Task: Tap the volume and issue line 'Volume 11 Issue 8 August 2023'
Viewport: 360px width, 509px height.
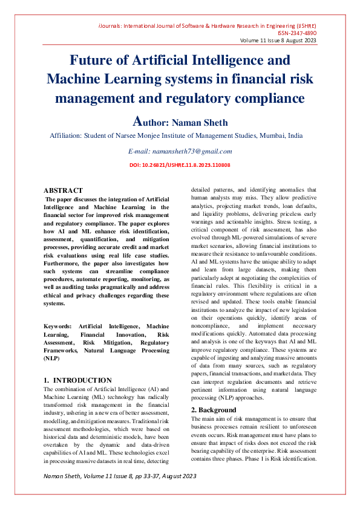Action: tap(278, 41)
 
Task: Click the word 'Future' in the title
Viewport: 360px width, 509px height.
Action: tap(90, 61)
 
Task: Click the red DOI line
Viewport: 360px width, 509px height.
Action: tap(180, 164)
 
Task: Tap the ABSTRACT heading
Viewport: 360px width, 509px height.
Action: tap(63, 190)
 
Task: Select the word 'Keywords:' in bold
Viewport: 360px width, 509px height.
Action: tap(62, 326)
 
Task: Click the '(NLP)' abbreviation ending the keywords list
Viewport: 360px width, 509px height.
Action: tap(53, 358)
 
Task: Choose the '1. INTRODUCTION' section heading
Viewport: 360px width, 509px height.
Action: tap(78, 380)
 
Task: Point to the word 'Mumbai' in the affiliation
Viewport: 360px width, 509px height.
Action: tap(272, 136)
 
